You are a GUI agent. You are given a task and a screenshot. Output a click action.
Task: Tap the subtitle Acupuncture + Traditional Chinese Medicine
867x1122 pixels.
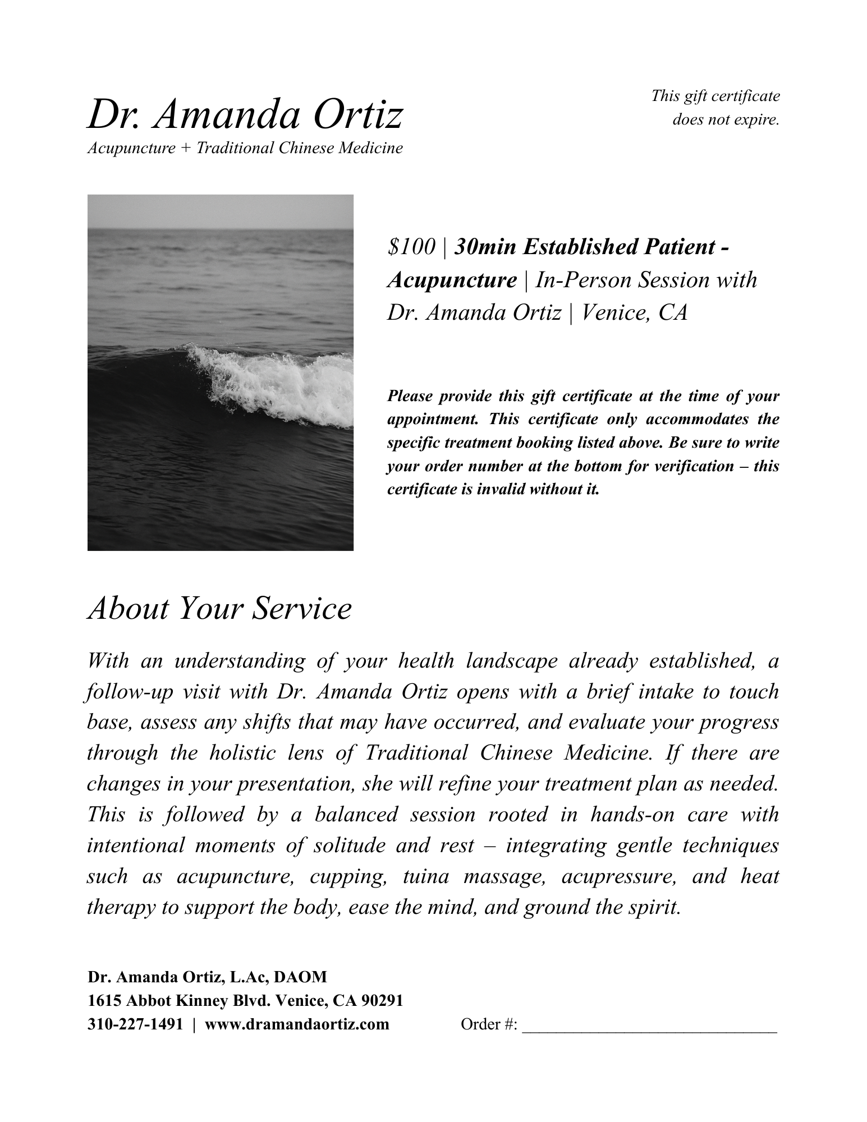(245, 149)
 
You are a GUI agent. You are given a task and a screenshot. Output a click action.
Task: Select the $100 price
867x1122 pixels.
(411, 247)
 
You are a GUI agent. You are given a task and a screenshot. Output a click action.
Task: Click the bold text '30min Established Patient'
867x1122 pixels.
(584, 247)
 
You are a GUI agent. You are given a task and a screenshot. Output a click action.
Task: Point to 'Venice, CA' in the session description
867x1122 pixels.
(634, 312)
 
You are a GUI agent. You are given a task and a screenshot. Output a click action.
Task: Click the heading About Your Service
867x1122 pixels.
(219, 608)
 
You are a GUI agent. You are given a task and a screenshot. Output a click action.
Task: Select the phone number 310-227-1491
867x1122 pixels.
(135, 1025)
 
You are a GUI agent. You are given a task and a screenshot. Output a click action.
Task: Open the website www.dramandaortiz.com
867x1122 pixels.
(297, 1025)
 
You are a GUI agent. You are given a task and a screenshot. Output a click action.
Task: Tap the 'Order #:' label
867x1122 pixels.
(489, 1025)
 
